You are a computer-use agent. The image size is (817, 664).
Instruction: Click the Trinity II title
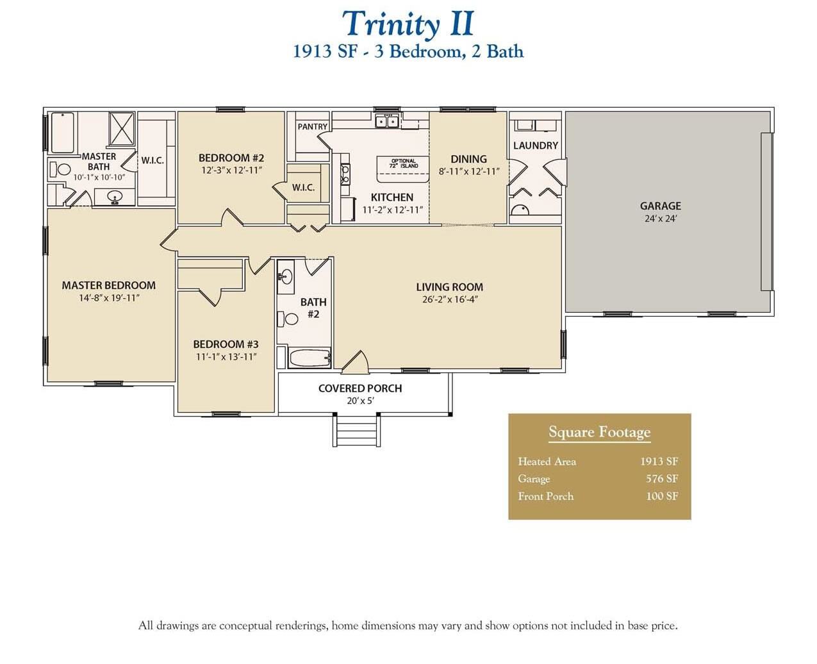(408, 24)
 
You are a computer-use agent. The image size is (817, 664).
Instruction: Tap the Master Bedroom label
(108, 285)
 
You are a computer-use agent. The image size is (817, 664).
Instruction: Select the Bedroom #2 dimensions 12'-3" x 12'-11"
(231, 170)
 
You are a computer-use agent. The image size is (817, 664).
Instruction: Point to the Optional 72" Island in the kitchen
(404, 163)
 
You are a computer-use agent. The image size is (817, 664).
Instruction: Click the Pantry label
(312, 127)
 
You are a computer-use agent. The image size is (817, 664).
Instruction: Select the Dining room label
(468, 159)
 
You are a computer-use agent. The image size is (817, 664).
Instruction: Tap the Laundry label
(535, 145)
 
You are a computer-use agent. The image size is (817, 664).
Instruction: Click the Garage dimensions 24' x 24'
(660, 219)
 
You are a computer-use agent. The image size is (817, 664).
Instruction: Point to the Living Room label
(449, 287)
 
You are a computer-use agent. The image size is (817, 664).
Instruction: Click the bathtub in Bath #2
(309, 358)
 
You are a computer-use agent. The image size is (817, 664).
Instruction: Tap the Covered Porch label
(360, 388)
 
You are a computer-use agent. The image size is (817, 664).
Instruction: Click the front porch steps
(356, 430)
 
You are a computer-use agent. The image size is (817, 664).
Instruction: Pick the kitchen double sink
(387, 121)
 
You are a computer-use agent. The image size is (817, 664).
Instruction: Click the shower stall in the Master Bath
(121, 130)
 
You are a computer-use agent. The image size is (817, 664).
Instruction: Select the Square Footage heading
(599, 433)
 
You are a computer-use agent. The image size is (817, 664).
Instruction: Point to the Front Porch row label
(545, 496)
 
